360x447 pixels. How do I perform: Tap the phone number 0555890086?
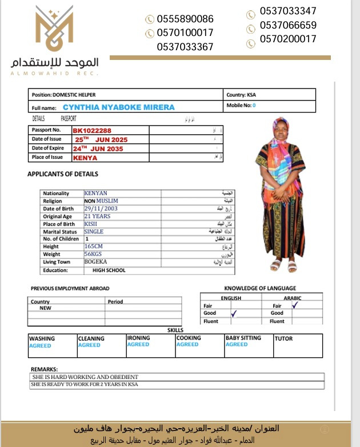[x=185, y=19]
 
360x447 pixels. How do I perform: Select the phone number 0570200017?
[x=287, y=39]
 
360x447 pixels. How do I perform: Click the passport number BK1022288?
[x=92, y=131]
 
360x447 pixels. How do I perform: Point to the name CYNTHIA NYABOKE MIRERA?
[x=119, y=107]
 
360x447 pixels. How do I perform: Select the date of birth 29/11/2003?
[x=101, y=209]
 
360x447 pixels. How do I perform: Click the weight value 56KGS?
[x=93, y=254]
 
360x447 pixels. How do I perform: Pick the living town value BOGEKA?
[x=95, y=261]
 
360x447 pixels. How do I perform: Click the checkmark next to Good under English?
[x=234, y=313]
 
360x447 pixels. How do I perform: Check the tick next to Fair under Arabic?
[x=295, y=305]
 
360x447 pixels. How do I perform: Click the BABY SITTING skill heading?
[x=243, y=338]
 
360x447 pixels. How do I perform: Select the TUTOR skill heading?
[x=283, y=339]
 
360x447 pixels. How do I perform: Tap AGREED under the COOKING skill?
[x=187, y=345]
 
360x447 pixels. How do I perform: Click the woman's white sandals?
[x=284, y=265]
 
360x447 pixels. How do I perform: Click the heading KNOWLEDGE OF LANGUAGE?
[x=260, y=288]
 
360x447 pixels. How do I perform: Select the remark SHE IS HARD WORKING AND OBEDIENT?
[x=86, y=377]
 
